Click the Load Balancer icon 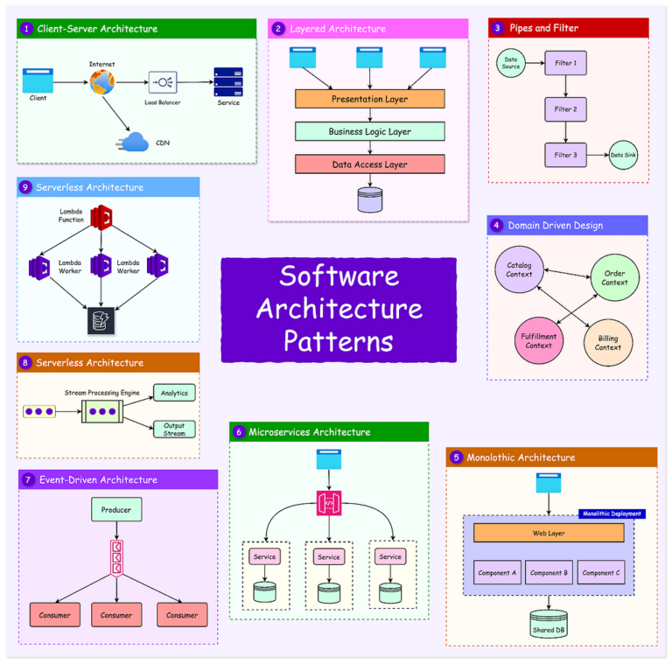point(162,83)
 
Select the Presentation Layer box point(369,99)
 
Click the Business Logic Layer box point(369,131)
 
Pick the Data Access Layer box point(369,164)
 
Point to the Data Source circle point(511,62)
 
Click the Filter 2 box point(565,109)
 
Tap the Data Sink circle point(623,155)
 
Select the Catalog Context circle point(519,269)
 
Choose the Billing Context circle point(607,342)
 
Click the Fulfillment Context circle point(538,340)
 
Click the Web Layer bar point(549,533)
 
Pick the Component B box point(549,573)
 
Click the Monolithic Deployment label point(612,514)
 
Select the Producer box point(116,509)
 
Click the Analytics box point(174,393)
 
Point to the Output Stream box point(174,429)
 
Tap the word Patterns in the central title point(338,339)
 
